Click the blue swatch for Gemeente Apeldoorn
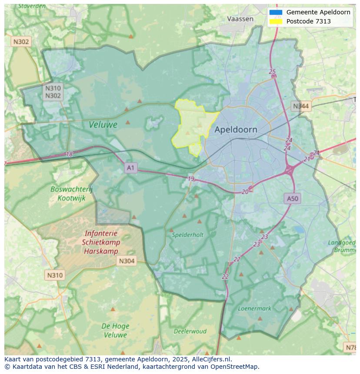276,12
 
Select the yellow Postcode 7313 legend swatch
276,21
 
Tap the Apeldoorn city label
236,129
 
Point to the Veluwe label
103,125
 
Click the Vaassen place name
240,19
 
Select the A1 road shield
130,167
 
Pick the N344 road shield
301,106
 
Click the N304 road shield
127,261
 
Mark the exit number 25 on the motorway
272,72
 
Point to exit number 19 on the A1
191,179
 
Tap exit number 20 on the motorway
245,192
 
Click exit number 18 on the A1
69,154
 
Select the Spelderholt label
187,235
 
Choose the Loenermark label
254,308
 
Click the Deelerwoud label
190,331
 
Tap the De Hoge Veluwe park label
115,330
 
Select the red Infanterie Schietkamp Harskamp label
101,242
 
